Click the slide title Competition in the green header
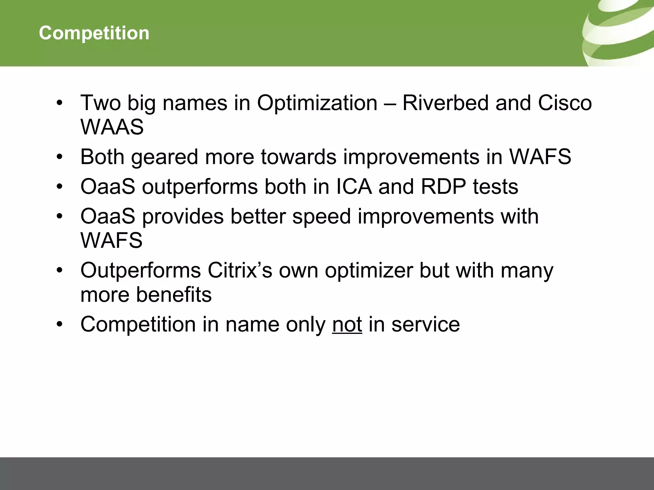pyautogui.click(x=94, y=33)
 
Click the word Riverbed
pyautogui.click(x=445, y=103)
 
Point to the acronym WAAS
pyautogui.click(x=112, y=127)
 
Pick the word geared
pyautogui.click(x=164, y=157)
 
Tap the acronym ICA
pyautogui.click(x=354, y=187)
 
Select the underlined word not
pyautogui.click(x=347, y=324)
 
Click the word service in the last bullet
pyautogui.click(x=425, y=324)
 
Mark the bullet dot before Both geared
pyautogui.click(x=59, y=157)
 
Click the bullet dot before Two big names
pyautogui.click(x=59, y=103)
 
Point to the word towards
pyautogui.click(x=299, y=157)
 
